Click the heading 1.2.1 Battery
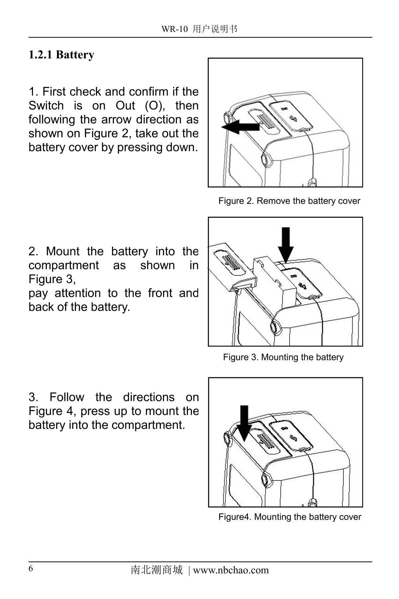[x=61, y=55]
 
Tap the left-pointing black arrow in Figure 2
[x=240, y=127]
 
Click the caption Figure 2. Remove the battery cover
[x=289, y=201]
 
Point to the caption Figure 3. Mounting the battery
[x=283, y=357]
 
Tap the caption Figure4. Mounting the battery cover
[x=289, y=517]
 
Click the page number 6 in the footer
[x=31, y=568]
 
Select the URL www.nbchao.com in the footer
[x=230, y=570]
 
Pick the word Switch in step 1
[x=46, y=106]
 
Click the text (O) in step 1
[x=155, y=106]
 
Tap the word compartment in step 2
[x=63, y=265]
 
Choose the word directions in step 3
[x=149, y=397]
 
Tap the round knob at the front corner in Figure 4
[x=267, y=478]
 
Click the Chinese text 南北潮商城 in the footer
[x=157, y=570]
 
